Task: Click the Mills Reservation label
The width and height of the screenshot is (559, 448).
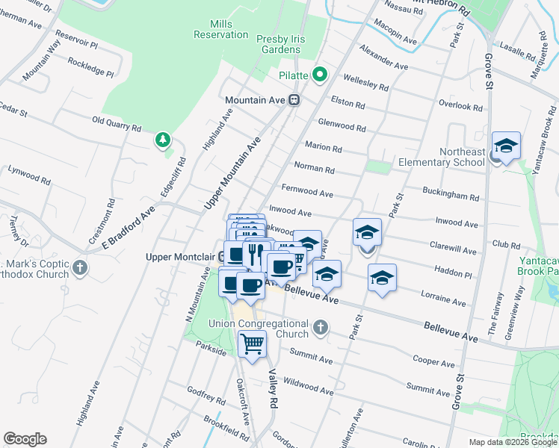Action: pos(220,29)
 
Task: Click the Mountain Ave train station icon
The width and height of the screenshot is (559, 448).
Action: pos(294,99)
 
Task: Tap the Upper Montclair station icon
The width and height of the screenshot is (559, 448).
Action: pos(223,257)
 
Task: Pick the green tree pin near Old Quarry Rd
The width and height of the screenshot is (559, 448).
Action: pos(161,140)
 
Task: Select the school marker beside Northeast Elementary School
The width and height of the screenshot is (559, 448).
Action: pos(506,145)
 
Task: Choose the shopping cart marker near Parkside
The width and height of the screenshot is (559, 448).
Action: pos(253,344)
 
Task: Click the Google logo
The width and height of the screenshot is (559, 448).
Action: pos(25,439)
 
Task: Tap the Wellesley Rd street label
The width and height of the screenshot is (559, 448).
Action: pos(365,82)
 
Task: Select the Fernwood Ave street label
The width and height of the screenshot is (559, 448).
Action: pos(307,191)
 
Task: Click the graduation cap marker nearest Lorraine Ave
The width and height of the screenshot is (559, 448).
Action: pos(382,278)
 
